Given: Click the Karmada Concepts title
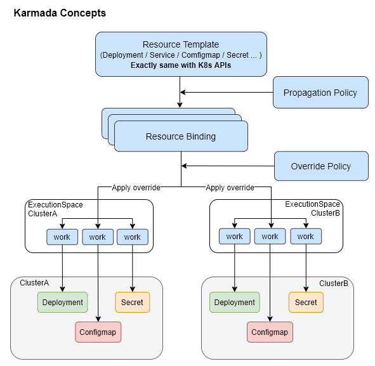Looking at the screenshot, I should coord(60,13).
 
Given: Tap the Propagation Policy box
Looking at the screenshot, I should coord(320,93).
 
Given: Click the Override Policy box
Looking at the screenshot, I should coord(320,166).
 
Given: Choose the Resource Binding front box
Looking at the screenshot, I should coord(181,136).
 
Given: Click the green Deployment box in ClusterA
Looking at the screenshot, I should coord(62,303).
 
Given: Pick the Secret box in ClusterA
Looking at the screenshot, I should coord(132,303).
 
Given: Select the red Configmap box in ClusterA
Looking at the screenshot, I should coord(97,332).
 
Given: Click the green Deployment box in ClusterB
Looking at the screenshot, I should coord(235,303).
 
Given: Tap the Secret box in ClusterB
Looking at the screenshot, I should coord(306,303).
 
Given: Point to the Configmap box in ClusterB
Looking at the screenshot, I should coord(270,332).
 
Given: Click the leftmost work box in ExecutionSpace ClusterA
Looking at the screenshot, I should coord(62,237).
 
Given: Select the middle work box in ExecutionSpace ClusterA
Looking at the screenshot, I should coord(97,237).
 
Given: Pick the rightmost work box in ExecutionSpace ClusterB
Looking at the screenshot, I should coord(306,237).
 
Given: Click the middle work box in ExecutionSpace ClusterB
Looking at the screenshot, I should coord(270,237).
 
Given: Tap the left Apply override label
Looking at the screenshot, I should coord(136,188).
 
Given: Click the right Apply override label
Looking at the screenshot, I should coord(230,188).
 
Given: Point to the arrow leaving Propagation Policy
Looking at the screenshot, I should coord(228,93).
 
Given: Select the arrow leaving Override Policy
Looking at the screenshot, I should coord(228,166).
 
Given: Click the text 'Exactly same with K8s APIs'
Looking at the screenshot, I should coord(181,65).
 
